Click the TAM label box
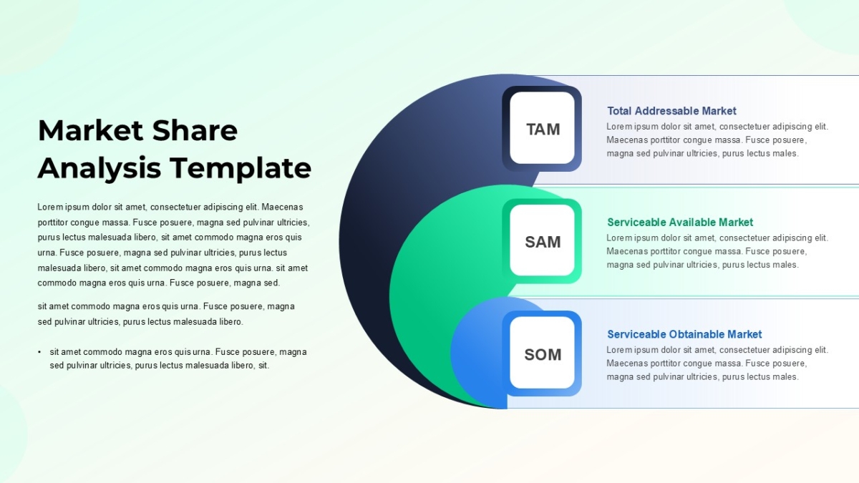tap(542, 128)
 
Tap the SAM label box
tap(542, 240)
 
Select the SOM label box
tap(542, 353)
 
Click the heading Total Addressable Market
tap(671, 111)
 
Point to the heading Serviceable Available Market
tap(680, 223)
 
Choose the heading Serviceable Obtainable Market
tap(684, 334)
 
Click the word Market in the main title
tap(90, 131)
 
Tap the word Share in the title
tap(195, 130)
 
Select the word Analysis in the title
tap(100, 169)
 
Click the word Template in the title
tap(241, 168)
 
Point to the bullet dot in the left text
tap(39, 352)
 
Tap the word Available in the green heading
tap(689, 223)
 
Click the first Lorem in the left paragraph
tap(50, 207)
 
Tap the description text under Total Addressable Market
tap(717, 140)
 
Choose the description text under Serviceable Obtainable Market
tap(717, 364)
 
